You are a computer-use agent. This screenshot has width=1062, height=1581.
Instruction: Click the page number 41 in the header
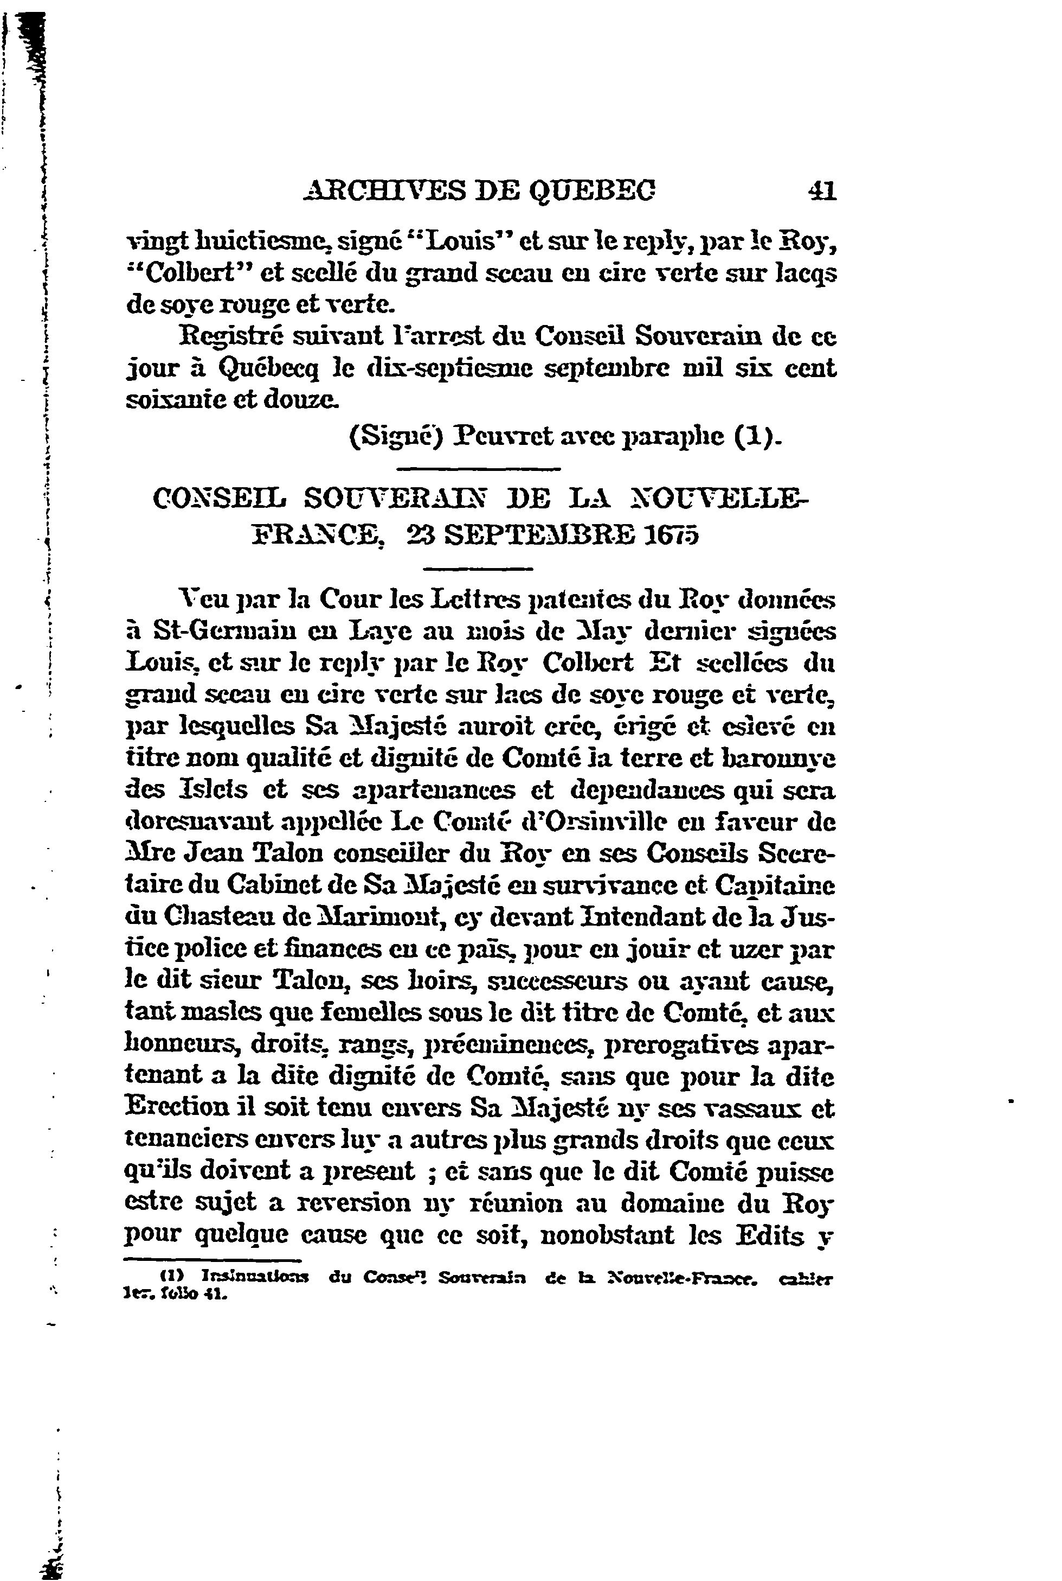pos(821,191)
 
